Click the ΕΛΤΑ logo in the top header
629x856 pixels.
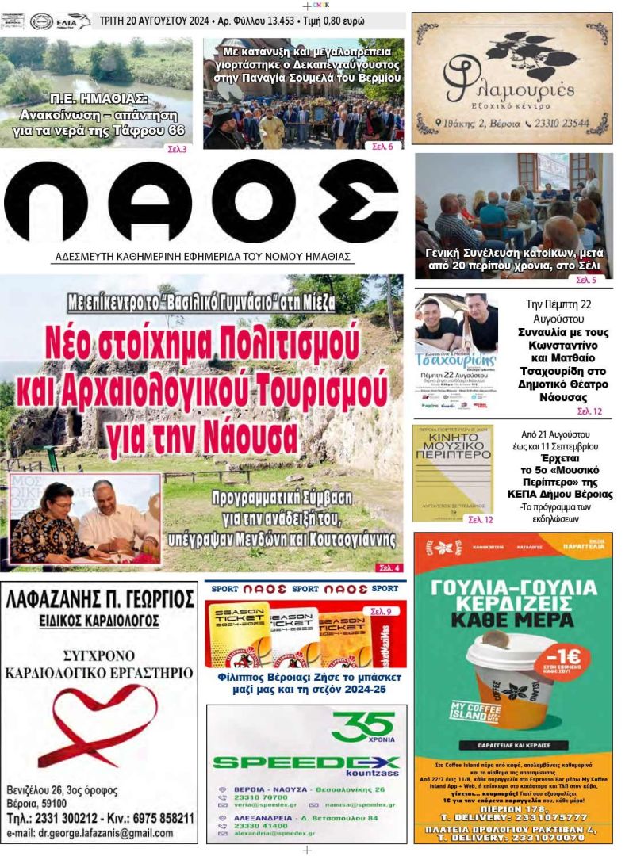(x=72, y=21)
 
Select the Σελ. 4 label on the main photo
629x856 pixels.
(x=389, y=567)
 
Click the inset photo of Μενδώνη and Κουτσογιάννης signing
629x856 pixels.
(x=85, y=519)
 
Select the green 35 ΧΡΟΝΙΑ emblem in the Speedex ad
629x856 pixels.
(x=363, y=726)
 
